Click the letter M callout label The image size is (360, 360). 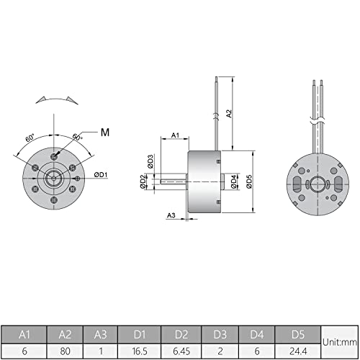tap(105, 131)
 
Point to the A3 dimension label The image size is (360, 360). tap(171, 215)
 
